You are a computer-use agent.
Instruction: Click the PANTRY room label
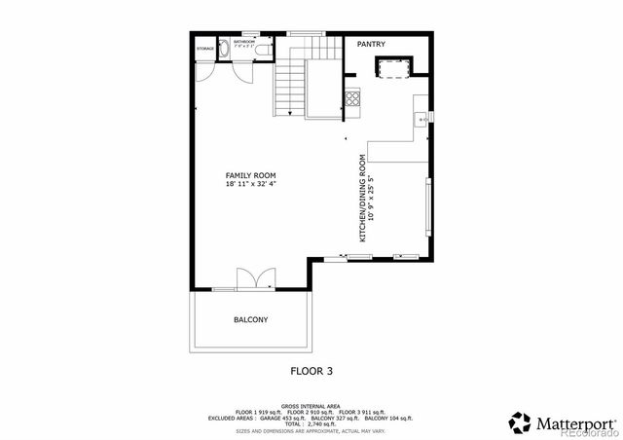pyautogui.click(x=371, y=44)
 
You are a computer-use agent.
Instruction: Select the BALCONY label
pyautogui.click(x=250, y=319)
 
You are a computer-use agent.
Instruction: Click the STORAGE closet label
pyautogui.click(x=205, y=48)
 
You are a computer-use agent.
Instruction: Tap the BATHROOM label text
pyautogui.click(x=243, y=42)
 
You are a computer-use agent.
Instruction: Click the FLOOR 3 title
pyautogui.click(x=311, y=370)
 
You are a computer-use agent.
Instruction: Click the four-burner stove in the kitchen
pyautogui.click(x=352, y=97)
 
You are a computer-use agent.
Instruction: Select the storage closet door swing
pyautogui.click(x=203, y=71)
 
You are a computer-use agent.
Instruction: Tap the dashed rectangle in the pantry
pyautogui.click(x=394, y=67)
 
